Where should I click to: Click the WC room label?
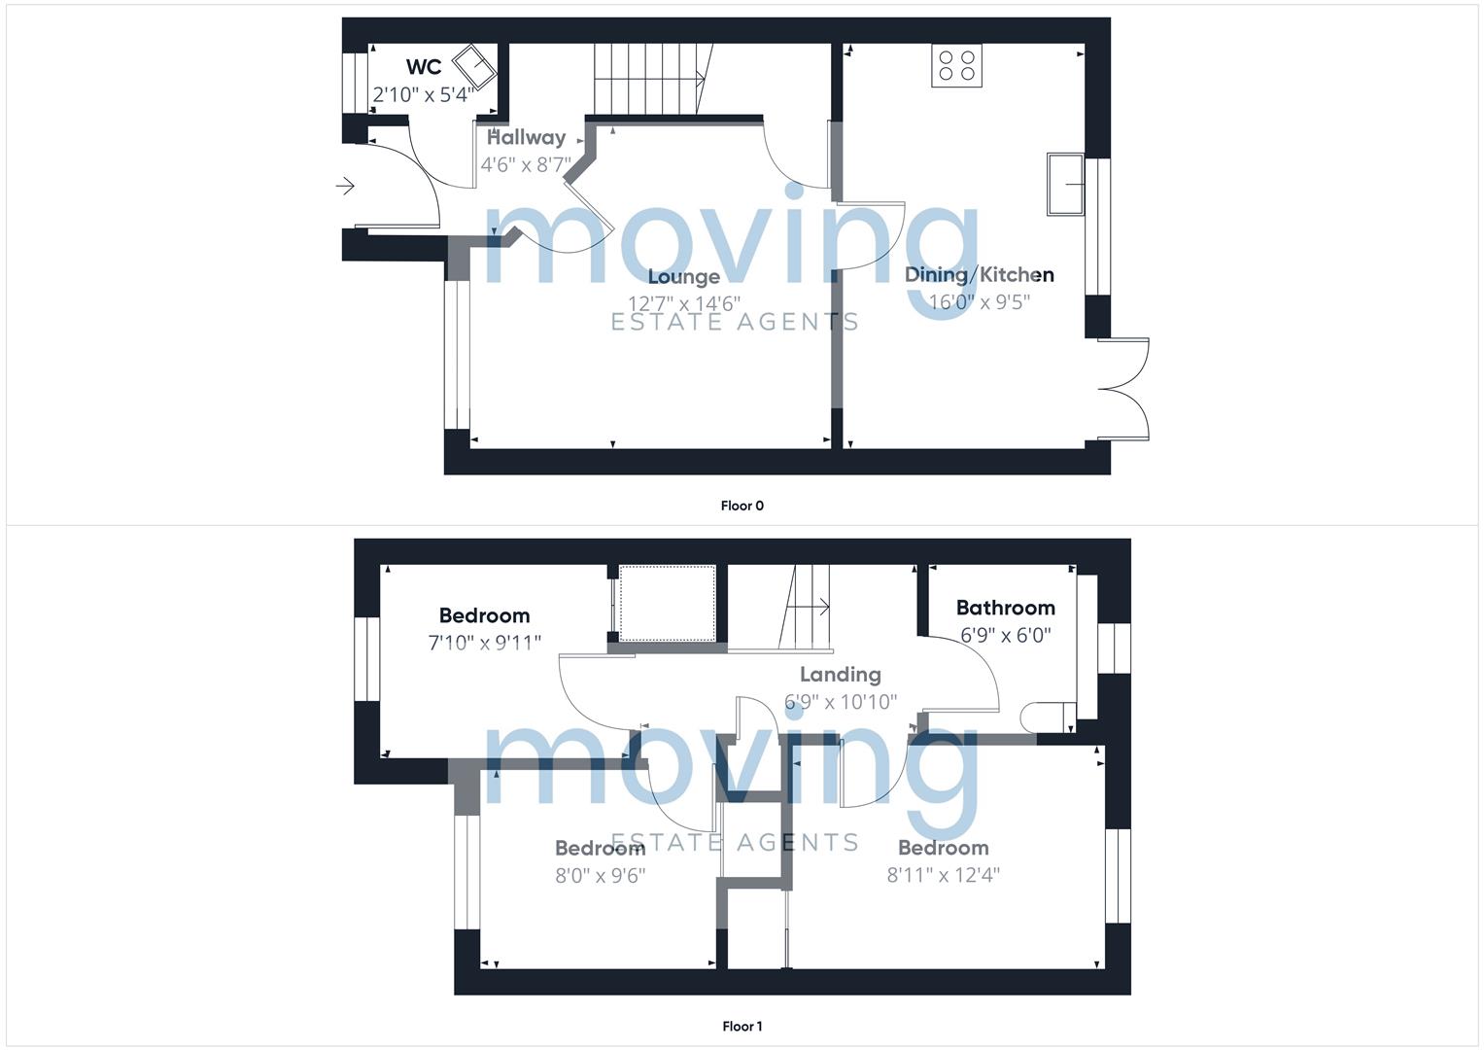(424, 67)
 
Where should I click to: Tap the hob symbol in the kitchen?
(956, 66)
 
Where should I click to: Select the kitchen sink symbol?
(1065, 185)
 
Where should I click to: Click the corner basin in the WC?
(474, 67)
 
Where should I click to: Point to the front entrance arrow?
(345, 187)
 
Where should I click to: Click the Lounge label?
(684, 276)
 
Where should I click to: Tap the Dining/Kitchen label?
(980, 274)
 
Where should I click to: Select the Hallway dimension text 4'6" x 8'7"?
(526, 164)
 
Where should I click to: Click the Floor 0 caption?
(742, 506)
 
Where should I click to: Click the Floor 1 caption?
(742, 1026)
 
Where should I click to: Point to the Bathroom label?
(1006, 608)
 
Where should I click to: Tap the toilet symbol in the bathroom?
(1048, 717)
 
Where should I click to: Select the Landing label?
(841, 674)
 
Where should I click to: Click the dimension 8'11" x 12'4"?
(944, 875)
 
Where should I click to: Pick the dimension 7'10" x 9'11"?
(484, 643)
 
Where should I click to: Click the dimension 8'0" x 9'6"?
(601, 876)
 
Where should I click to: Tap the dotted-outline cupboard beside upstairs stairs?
(667, 603)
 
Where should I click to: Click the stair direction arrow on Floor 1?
(810, 607)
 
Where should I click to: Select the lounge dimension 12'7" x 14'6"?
(684, 303)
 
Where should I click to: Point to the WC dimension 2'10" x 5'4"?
(423, 95)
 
